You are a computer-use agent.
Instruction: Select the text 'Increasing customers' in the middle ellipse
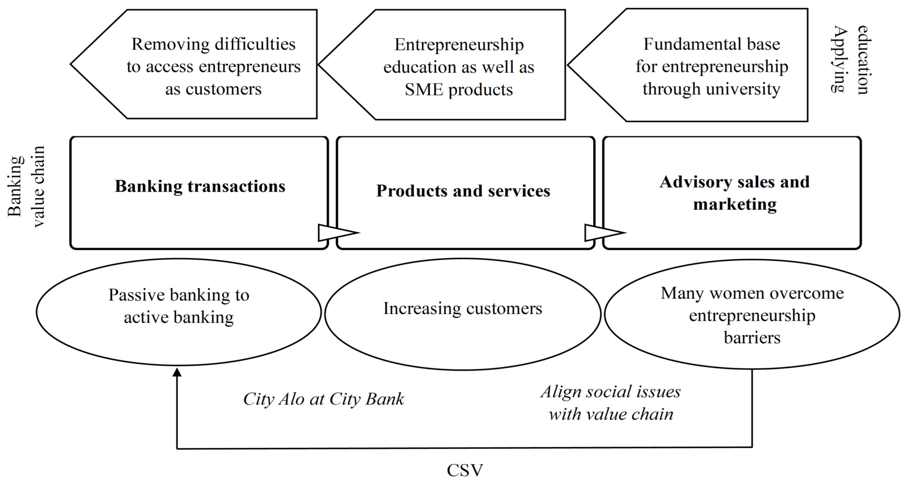coord(462,309)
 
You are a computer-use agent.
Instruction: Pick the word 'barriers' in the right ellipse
coord(752,338)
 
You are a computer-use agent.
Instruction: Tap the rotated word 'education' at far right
coord(863,60)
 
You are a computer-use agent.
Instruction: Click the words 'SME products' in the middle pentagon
coord(458,89)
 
